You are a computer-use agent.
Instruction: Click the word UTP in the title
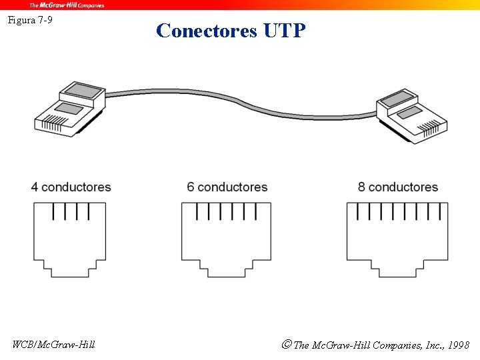tap(285, 31)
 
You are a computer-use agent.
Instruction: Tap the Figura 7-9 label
tap(30, 20)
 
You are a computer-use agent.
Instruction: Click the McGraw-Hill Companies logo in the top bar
tap(67, 5)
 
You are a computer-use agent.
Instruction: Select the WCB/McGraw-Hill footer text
tap(54, 344)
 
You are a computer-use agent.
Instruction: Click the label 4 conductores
tap(71, 187)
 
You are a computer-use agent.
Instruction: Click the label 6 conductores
tap(227, 187)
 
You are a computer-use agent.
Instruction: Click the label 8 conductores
tap(397, 187)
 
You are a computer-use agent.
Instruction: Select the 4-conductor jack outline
tap(70, 240)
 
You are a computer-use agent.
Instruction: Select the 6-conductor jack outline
tap(226, 240)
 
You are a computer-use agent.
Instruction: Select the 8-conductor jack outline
tap(397, 240)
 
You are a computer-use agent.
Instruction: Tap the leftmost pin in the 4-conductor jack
tap(53, 211)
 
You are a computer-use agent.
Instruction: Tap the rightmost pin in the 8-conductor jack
tap(441, 211)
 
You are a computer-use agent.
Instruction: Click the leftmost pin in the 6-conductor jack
tap(196, 211)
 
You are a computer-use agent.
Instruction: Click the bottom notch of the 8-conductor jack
tap(397, 271)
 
